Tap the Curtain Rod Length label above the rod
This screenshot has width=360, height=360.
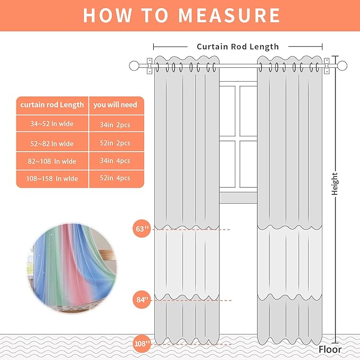pos(238,47)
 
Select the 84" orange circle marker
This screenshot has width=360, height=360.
pos(142,300)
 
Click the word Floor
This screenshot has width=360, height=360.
pos(330,349)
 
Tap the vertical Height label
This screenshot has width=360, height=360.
pos(335,184)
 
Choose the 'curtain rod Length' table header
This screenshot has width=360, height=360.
pos(52,105)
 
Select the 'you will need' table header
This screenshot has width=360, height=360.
pos(115,105)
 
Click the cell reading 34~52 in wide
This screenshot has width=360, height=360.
pos(52,125)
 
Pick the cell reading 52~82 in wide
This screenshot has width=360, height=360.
pos(52,143)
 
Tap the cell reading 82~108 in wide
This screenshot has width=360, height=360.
pos(52,161)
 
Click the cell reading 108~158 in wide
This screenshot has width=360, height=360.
pos(52,179)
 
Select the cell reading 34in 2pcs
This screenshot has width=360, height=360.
pos(115,125)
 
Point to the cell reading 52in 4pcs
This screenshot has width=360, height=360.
pos(115,179)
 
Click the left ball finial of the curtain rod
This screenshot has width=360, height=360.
pos(134,66)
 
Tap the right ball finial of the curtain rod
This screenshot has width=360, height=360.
pos(343,66)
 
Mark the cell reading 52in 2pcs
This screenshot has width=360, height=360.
pos(115,143)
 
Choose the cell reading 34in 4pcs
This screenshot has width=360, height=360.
pos(115,161)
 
